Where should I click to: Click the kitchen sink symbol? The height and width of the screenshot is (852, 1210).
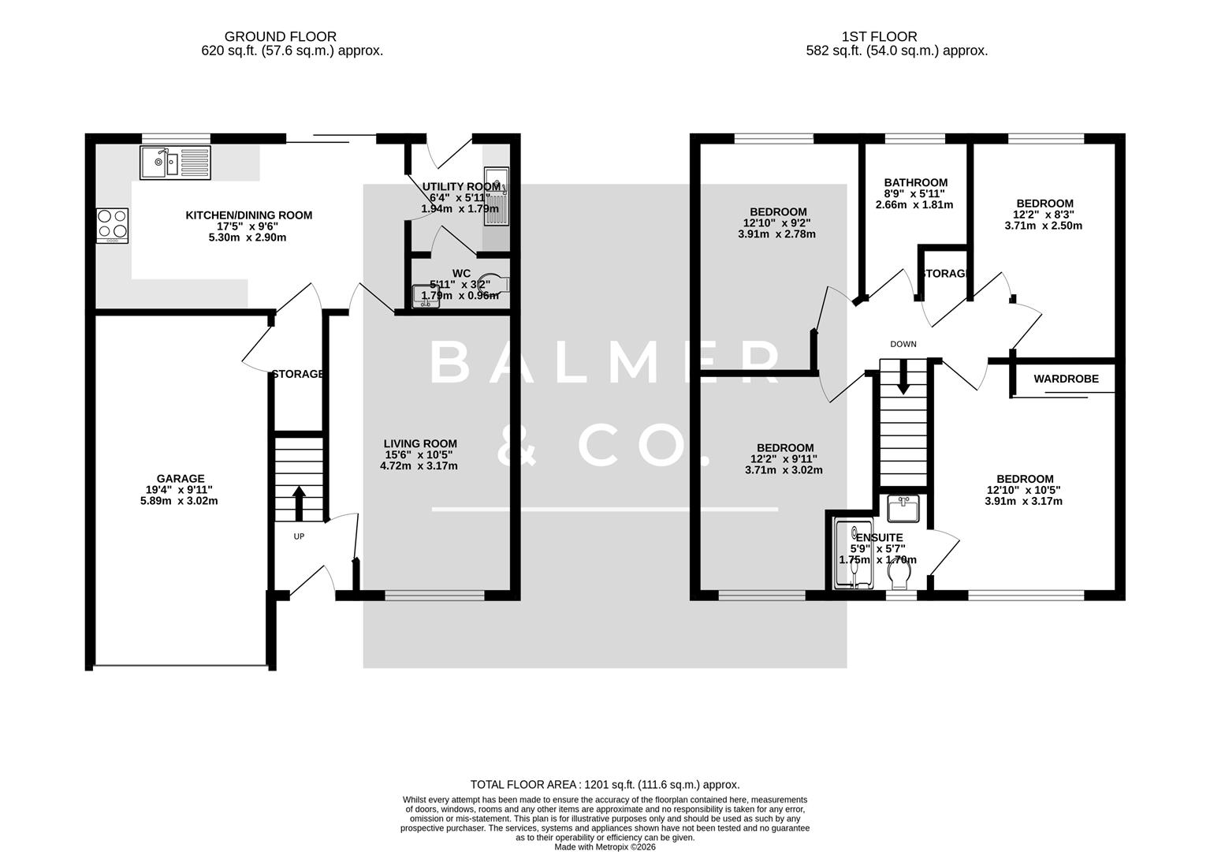click(x=176, y=163)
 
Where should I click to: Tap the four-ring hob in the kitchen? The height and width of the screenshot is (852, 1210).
click(x=112, y=225)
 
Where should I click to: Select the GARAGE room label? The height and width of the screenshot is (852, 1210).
click(x=180, y=478)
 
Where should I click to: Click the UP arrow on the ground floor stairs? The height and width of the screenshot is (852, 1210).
click(x=299, y=503)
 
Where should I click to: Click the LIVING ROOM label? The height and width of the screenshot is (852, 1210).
click(x=419, y=443)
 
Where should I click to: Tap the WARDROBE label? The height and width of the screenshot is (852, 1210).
click(x=1066, y=379)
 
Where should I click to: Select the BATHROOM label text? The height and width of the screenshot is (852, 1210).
click(x=914, y=182)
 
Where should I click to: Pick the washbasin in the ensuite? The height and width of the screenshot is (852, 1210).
click(x=903, y=509)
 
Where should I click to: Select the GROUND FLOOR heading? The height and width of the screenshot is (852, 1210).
click(x=280, y=36)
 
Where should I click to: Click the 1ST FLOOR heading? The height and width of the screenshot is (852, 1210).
click(x=879, y=36)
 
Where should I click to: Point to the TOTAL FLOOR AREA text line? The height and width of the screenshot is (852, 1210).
click(x=605, y=784)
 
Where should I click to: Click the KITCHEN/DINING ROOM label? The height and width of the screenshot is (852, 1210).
click(x=248, y=215)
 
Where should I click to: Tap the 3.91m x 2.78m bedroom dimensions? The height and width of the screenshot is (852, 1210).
click(x=776, y=234)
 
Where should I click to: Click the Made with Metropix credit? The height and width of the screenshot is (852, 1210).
click(x=605, y=846)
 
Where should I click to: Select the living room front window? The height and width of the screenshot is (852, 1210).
click(x=434, y=596)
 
